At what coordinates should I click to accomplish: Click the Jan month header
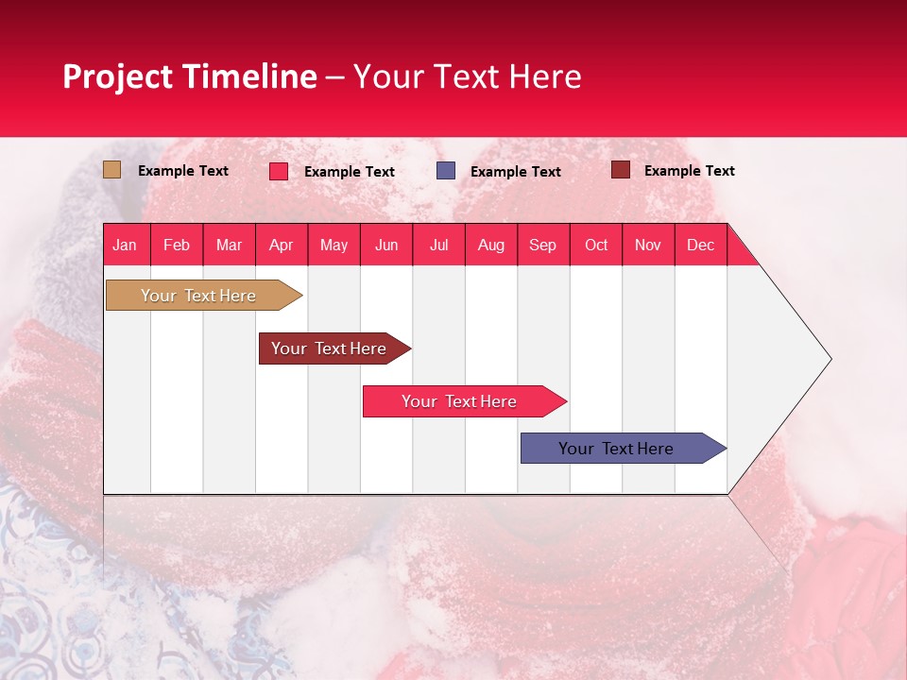125,246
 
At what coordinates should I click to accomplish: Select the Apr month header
282,246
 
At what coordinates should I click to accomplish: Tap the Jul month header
439,246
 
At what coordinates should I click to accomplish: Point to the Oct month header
596,246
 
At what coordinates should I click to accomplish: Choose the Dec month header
700,246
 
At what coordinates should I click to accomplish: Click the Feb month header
177,246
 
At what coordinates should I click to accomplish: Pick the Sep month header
542,246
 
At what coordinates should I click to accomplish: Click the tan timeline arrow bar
204,296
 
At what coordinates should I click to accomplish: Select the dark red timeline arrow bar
334,348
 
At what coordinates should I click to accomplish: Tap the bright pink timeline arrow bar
465,401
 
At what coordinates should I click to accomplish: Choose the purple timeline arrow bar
624,448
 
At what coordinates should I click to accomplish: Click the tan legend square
111,170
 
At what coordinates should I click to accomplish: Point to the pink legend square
279,171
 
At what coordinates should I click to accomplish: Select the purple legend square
446,171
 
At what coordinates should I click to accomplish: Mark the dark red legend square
621,170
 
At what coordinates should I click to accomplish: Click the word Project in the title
117,77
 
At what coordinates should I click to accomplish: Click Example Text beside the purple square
516,172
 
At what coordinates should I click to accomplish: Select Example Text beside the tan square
182,171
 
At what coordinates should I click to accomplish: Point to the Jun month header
386,246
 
